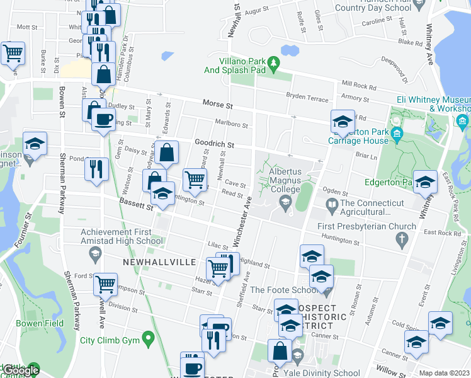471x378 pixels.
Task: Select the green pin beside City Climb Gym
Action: [x=149, y=340]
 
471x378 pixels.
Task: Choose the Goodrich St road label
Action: [x=214, y=144]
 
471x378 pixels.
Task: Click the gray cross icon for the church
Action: [x=400, y=239]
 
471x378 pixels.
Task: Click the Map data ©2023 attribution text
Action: [x=445, y=373]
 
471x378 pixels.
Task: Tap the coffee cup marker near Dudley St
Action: [x=104, y=118]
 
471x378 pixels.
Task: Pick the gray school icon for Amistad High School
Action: [x=95, y=254]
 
